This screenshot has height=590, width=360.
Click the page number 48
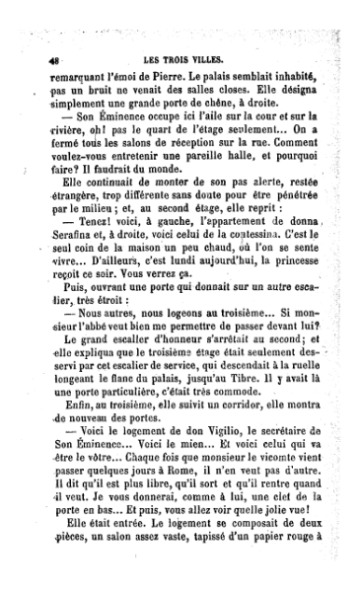pos(41,58)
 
